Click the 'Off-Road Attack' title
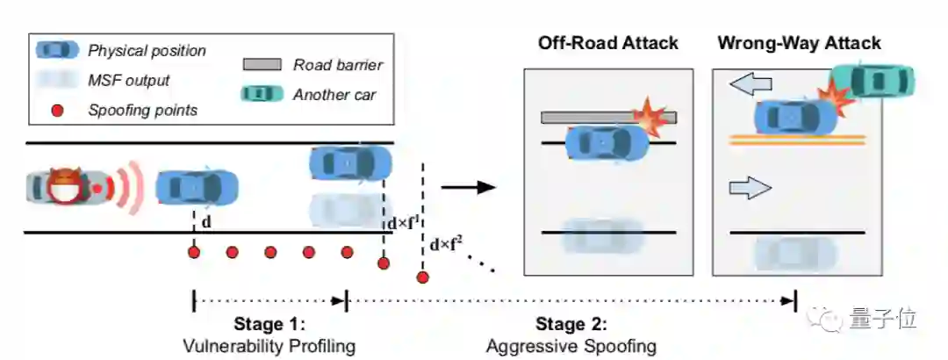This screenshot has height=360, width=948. (x=608, y=43)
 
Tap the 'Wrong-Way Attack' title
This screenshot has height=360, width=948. (x=799, y=43)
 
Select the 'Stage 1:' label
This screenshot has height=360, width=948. (x=269, y=324)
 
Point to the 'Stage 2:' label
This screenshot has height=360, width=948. (x=571, y=325)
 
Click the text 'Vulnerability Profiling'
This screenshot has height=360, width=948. (x=269, y=346)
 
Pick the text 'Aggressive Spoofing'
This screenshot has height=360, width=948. (x=571, y=346)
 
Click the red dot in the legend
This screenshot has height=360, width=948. (x=57, y=110)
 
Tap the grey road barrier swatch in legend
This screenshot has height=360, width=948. (x=261, y=64)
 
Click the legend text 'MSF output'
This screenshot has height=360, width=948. (x=129, y=81)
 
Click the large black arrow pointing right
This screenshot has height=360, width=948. (x=468, y=186)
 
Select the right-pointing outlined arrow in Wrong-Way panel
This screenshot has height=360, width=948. (x=750, y=186)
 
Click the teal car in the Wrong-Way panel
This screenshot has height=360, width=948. (x=873, y=81)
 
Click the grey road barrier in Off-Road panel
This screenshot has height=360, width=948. (x=597, y=118)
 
